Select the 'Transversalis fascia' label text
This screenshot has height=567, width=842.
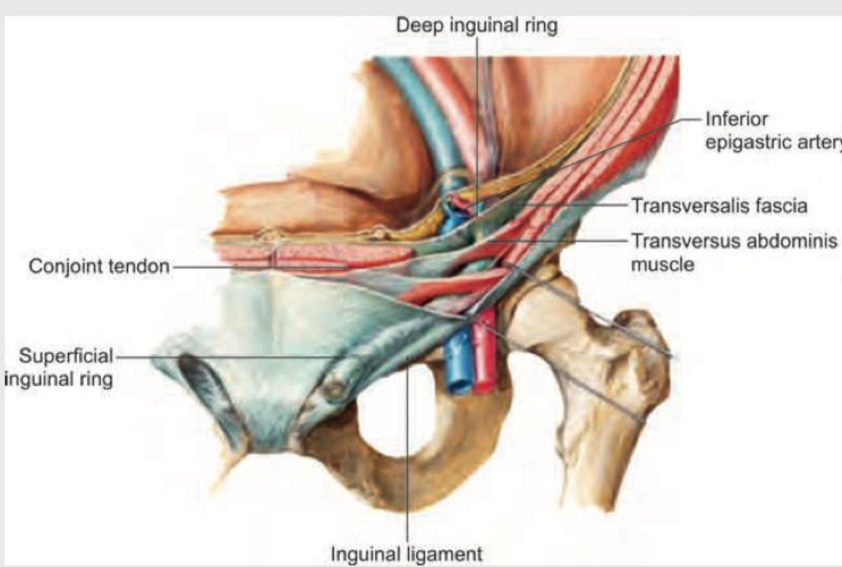[x=718, y=206]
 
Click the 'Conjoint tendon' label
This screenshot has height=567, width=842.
[x=99, y=266]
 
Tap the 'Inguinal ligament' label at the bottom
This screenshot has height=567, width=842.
[x=407, y=554]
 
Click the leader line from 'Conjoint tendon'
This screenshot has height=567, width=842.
[x=261, y=266]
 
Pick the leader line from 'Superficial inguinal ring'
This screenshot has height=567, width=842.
[x=228, y=357]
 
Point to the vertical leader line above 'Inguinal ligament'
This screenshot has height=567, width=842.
[x=408, y=457]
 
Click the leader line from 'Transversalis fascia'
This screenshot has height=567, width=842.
[x=574, y=205]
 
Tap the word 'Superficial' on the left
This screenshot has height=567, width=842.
[x=65, y=356]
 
